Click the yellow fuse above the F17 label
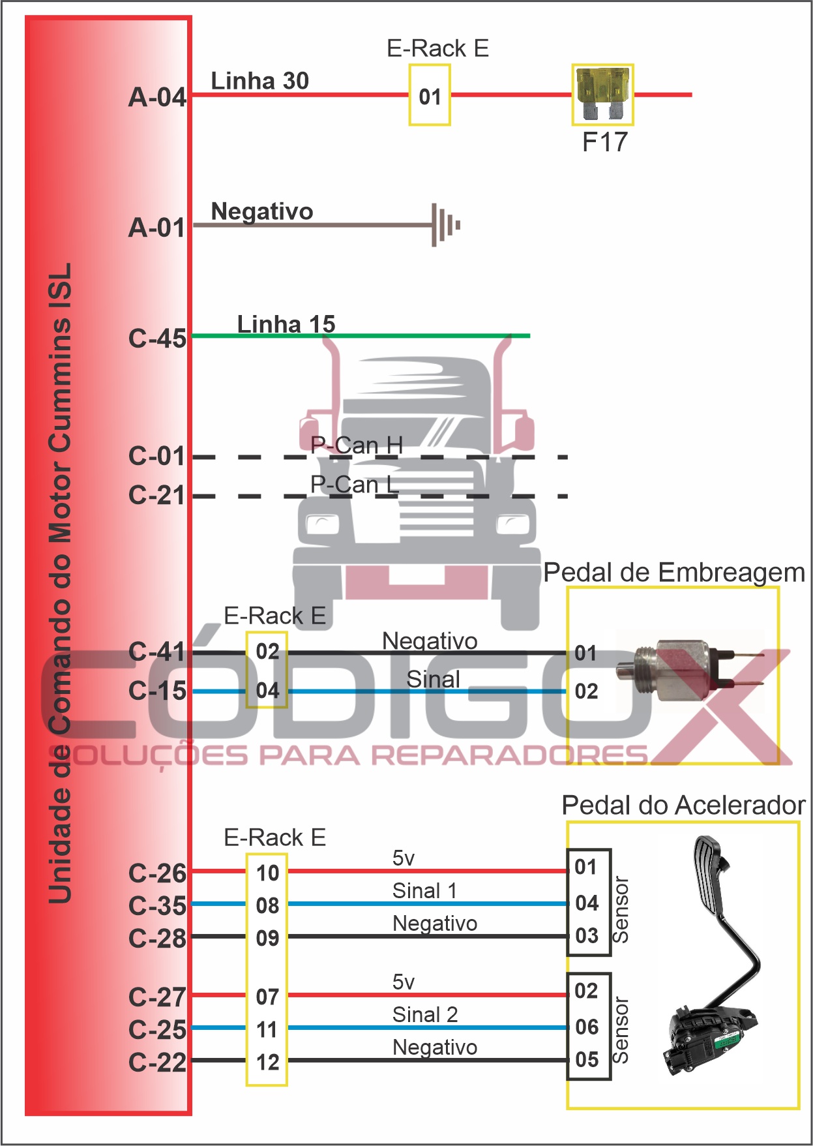coord(602,94)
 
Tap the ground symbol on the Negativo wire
coord(446,225)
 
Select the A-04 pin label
coord(157,97)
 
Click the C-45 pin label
coord(157,339)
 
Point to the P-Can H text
coord(356,445)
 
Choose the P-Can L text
coord(354,484)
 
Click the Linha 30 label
coord(259,81)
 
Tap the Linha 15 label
coord(286,324)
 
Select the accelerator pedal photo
coord(714,959)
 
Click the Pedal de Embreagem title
coord(673,572)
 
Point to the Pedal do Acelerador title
coord(683,806)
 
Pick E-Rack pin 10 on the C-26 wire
coord(267,873)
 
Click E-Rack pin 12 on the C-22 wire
coord(267,1062)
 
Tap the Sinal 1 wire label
coord(424,890)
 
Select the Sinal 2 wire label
coord(424,1014)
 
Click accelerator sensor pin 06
coord(587,1027)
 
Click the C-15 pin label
coord(157,691)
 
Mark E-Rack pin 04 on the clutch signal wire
coord(267,690)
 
